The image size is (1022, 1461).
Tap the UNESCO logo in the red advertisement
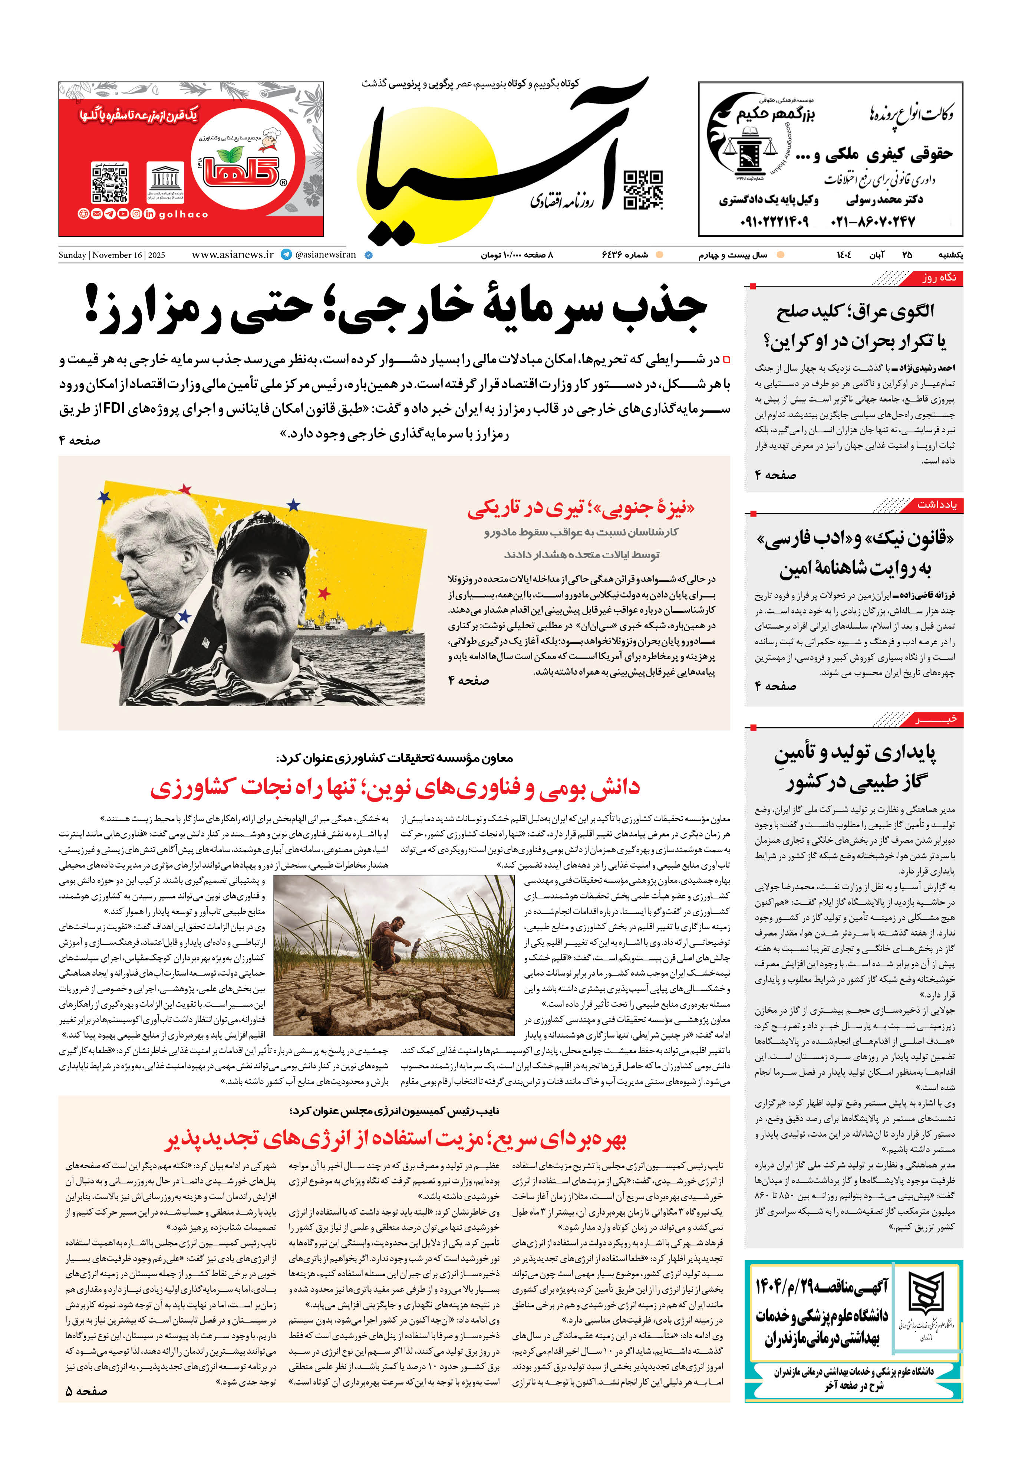pyautogui.click(x=165, y=183)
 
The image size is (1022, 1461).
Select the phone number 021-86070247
pyautogui.click(x=873, y=222)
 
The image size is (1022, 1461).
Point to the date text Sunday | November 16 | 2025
pyautogui.click(x=112, y=255)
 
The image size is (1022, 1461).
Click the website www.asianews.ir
pyautogui.click(x=232, y=255)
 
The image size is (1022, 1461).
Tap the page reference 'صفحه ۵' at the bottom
pyautogui.click(x=86, y=1392)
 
